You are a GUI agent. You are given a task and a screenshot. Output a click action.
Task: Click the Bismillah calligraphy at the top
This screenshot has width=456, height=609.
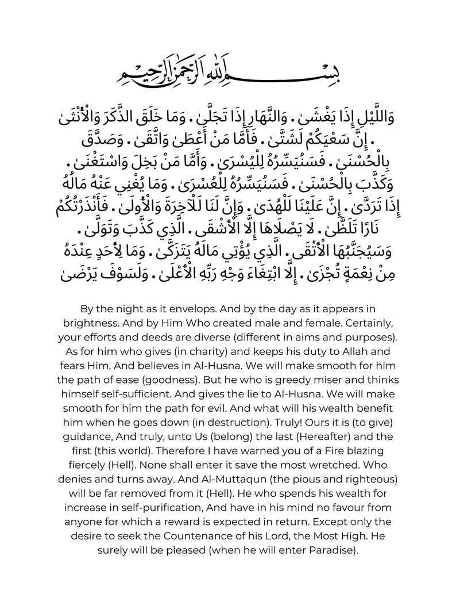[x=227, y=70]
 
